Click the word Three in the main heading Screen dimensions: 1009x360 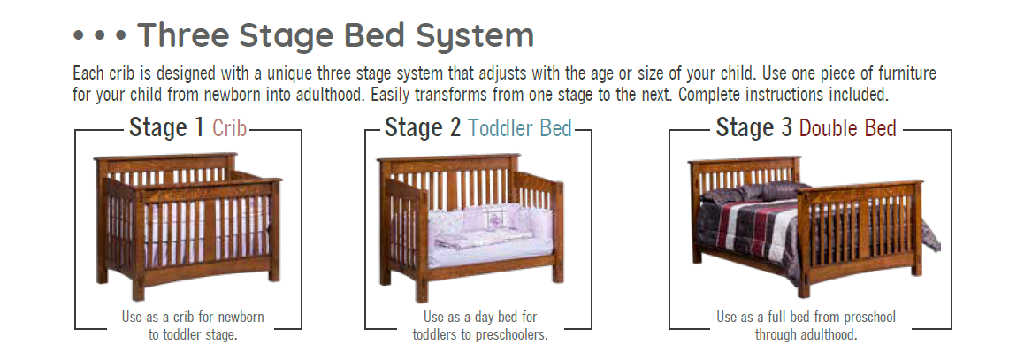tap(182, 34)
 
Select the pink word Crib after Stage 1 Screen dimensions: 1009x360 tap(230, 128)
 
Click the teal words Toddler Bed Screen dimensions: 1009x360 tap(520, 128)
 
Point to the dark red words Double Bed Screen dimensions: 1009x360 tap(847, 128)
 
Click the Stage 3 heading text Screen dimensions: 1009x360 tap(753, 127)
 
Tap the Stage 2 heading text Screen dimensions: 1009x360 tap(423, 127)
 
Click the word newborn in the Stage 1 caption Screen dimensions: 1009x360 tap(241, 317)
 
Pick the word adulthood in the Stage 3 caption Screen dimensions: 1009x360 tap(829, 335)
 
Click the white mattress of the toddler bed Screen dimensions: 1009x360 tap(490, 252)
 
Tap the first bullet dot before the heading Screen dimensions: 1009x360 tap(79, 35)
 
